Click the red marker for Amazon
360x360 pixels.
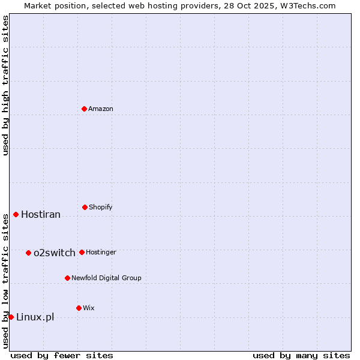(x=85, y=109)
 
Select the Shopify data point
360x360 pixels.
(x=85, y=207)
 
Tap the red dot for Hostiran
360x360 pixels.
(x=16, y=214)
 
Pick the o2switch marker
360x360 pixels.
(x=28, y=253)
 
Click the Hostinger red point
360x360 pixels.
(x=82, y=252)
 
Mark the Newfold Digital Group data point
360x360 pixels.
(x=67, y=278)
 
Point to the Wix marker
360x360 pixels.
(x=79, y=308)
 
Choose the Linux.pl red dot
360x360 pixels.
(x=11, y=317)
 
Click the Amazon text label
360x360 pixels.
(x=101, y=109)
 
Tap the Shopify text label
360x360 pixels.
(x=101, y=207)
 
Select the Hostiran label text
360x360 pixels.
(x=41, y=215)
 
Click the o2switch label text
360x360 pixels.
(x=55, y=253)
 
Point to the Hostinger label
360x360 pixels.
(x=101, y=252)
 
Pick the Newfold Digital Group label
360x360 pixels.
(x=106, y=278)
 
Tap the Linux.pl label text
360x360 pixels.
(x=35, y=317)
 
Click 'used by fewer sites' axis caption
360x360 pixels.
(x=62, y=355)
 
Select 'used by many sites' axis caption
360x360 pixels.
(x=301, y=355)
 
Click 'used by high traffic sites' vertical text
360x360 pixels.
(x=5, y=85)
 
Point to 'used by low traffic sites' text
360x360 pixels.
(x=5, y=281)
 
